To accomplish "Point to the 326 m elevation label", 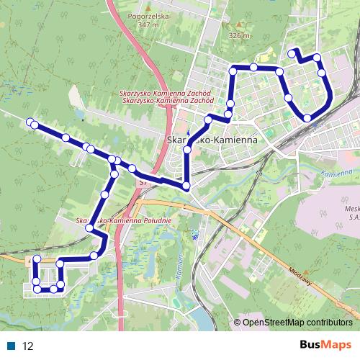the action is [239, 35].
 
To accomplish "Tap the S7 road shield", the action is [143, 184].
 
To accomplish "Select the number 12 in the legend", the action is [29, 346].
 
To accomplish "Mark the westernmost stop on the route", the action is [30, 122].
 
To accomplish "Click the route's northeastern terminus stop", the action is [292, 53].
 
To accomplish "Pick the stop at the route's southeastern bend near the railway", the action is [307, 118].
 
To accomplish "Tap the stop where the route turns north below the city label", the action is [186, 186].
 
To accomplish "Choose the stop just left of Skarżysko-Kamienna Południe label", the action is [89, 228].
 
